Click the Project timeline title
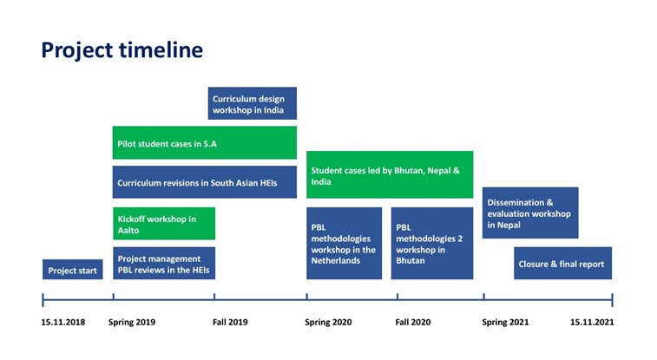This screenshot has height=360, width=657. [x=122, y=50]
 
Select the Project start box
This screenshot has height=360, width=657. [x=73, y=269]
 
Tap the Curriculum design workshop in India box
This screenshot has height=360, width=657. [x=253, y=103]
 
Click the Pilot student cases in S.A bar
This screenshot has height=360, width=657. [x=205, y=143]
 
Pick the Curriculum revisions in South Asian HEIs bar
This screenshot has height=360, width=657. [x=205, y=182]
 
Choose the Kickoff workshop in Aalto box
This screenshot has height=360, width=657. [x=164, y=224]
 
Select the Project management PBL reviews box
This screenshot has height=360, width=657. [x=164, y=264]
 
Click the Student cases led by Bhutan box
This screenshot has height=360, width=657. [x=390, y=174]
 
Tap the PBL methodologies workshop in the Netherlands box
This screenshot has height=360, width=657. [x=344, y=243]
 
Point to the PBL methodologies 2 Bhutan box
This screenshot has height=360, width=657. [x=432, y=243]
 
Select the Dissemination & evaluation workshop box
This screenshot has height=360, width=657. [x=530, y=213]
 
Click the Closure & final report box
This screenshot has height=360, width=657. [x=562, y=264]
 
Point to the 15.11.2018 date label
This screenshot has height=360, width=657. [x=62, y=323]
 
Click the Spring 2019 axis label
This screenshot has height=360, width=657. [x=132, y=323]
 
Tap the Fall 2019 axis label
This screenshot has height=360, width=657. [x=230, y=323]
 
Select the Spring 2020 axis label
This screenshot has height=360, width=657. [x=328, y=323]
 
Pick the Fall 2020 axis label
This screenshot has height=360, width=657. [x=413, y=323]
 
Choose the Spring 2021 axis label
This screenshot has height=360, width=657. [x=505, y=323]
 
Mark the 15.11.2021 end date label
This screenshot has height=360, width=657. [x=592, y=323]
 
